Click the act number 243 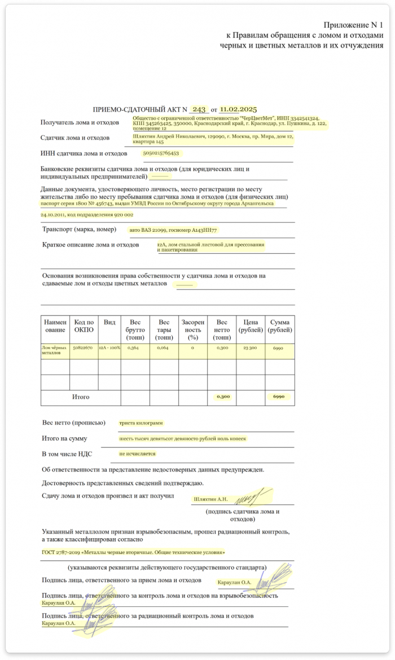[x=199, y=109]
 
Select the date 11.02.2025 [x=239, y=109]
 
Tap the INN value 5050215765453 [x=161, y=153]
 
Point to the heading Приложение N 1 [x=353, y=25]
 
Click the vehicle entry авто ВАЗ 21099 [x=173, y=230]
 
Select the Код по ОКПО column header [x=84, y=325]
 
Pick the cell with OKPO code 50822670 [x=84, y=349]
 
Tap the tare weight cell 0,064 [x=163, y=349]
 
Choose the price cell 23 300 [x=249, y=349]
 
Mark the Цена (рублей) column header [x=250, y=325]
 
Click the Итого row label [x=81, y=397]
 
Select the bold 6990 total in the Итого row [x=279, y=397]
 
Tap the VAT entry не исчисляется [x=137, y=454]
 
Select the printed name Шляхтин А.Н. [x=210, y=499]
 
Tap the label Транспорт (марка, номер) [x=79, y=230]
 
